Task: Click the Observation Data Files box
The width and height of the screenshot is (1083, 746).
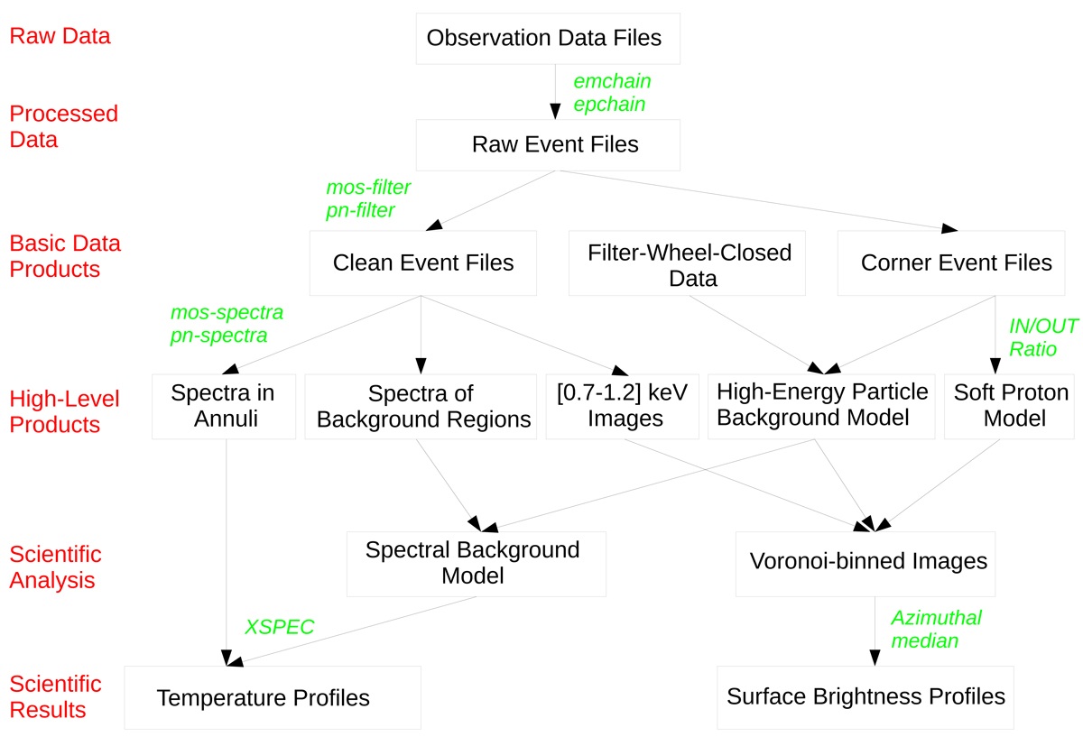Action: [x=547, y=39]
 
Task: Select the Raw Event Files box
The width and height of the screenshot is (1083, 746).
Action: [x=548, y=144]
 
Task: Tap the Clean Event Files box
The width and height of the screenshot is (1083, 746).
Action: [x=422, y=262]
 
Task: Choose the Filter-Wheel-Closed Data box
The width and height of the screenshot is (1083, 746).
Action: [x=687, y=263]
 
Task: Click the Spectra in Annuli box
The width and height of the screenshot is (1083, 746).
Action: [x=223, y=406]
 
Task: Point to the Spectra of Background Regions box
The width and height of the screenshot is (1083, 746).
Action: [x=420, y=406]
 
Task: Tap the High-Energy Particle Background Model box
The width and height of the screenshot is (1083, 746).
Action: [x=821, y=406]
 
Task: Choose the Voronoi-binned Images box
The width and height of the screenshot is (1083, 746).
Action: [x=865, y=562]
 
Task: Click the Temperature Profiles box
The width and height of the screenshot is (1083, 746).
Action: [x=272, y=697]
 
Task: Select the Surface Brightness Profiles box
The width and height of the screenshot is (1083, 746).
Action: [x=865, y=697]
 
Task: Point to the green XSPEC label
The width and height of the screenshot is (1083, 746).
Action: [x=280, y=627]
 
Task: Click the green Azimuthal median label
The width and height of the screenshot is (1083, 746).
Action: [x=936, y=630]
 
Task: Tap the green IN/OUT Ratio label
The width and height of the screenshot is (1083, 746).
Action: [x=1042, y=337]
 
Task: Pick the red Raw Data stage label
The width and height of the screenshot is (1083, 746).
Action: [x=60, y=36]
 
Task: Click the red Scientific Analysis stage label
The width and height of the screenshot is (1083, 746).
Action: [x=55, y=567]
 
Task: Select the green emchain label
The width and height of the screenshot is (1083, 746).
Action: [x=612, y=81]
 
